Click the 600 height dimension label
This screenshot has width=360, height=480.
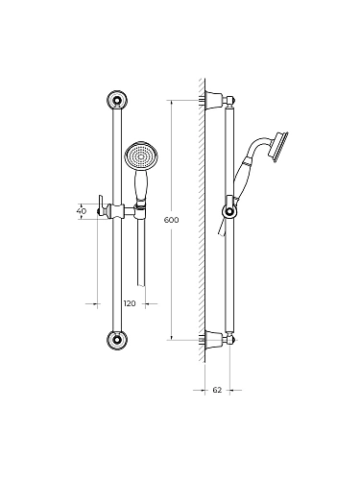point(171,220)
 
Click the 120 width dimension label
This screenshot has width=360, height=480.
point(130,303)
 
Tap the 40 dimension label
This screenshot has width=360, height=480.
point(82,211)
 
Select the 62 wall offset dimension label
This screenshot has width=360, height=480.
point(217,390)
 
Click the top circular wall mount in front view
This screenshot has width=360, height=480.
point(117,101)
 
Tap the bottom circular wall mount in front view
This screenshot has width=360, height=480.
point(117,340)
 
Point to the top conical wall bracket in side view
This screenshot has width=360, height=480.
point(214,100)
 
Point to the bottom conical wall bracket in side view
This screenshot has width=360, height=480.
point(214,340)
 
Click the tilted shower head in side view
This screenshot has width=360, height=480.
point(280,146)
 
